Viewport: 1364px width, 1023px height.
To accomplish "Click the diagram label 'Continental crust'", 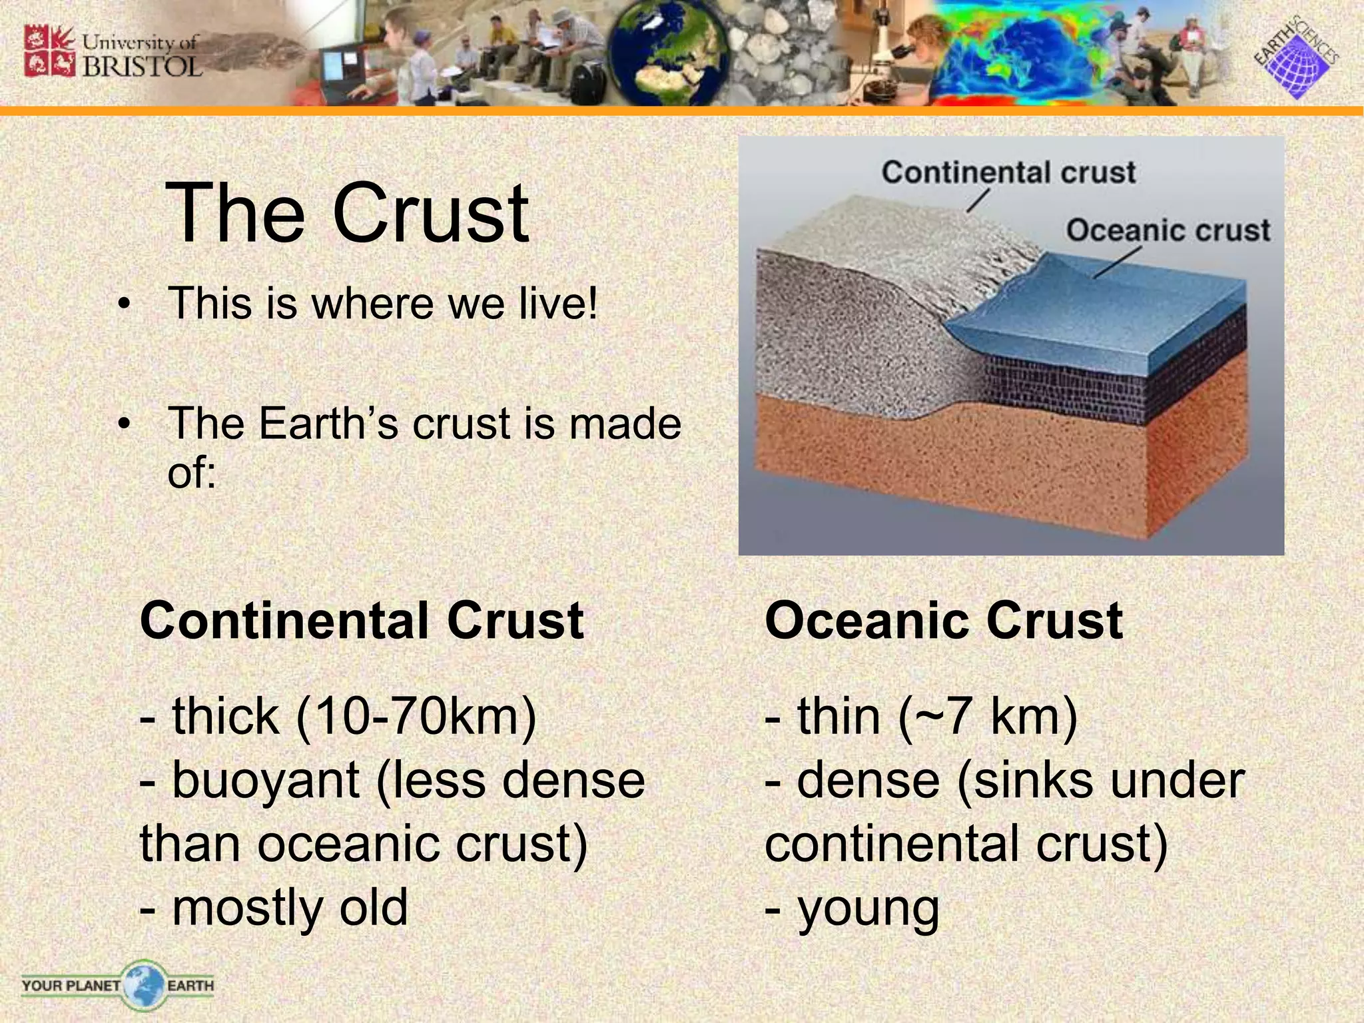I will point(1008,172).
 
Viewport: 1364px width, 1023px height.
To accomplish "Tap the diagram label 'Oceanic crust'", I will point(1168,230).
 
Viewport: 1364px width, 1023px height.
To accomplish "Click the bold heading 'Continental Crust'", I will point(362,621).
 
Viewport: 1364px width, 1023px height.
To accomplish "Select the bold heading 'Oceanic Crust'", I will point(944,621).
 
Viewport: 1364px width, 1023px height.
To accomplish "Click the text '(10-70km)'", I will point(416,717).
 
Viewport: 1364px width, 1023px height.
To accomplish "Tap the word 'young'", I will point(868,909).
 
